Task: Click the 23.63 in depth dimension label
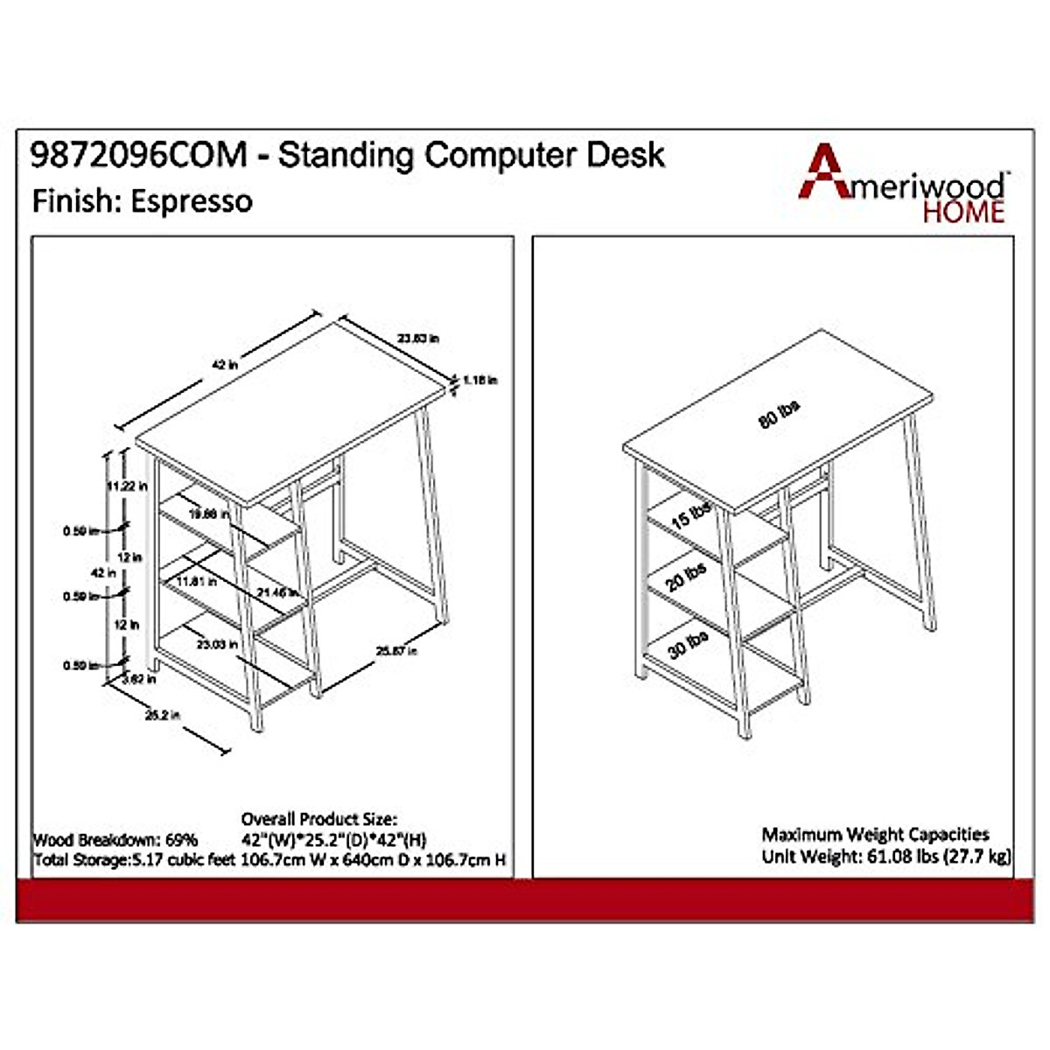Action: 418,338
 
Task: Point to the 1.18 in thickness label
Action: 480,381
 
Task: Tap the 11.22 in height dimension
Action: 126,486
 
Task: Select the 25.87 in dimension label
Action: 396,650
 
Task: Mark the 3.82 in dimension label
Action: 139,678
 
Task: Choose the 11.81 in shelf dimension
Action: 195,581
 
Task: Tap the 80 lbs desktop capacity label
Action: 779,414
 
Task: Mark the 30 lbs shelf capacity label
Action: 688,645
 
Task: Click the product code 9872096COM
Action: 139,156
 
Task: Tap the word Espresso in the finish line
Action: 192,201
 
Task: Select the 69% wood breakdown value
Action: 182,840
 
